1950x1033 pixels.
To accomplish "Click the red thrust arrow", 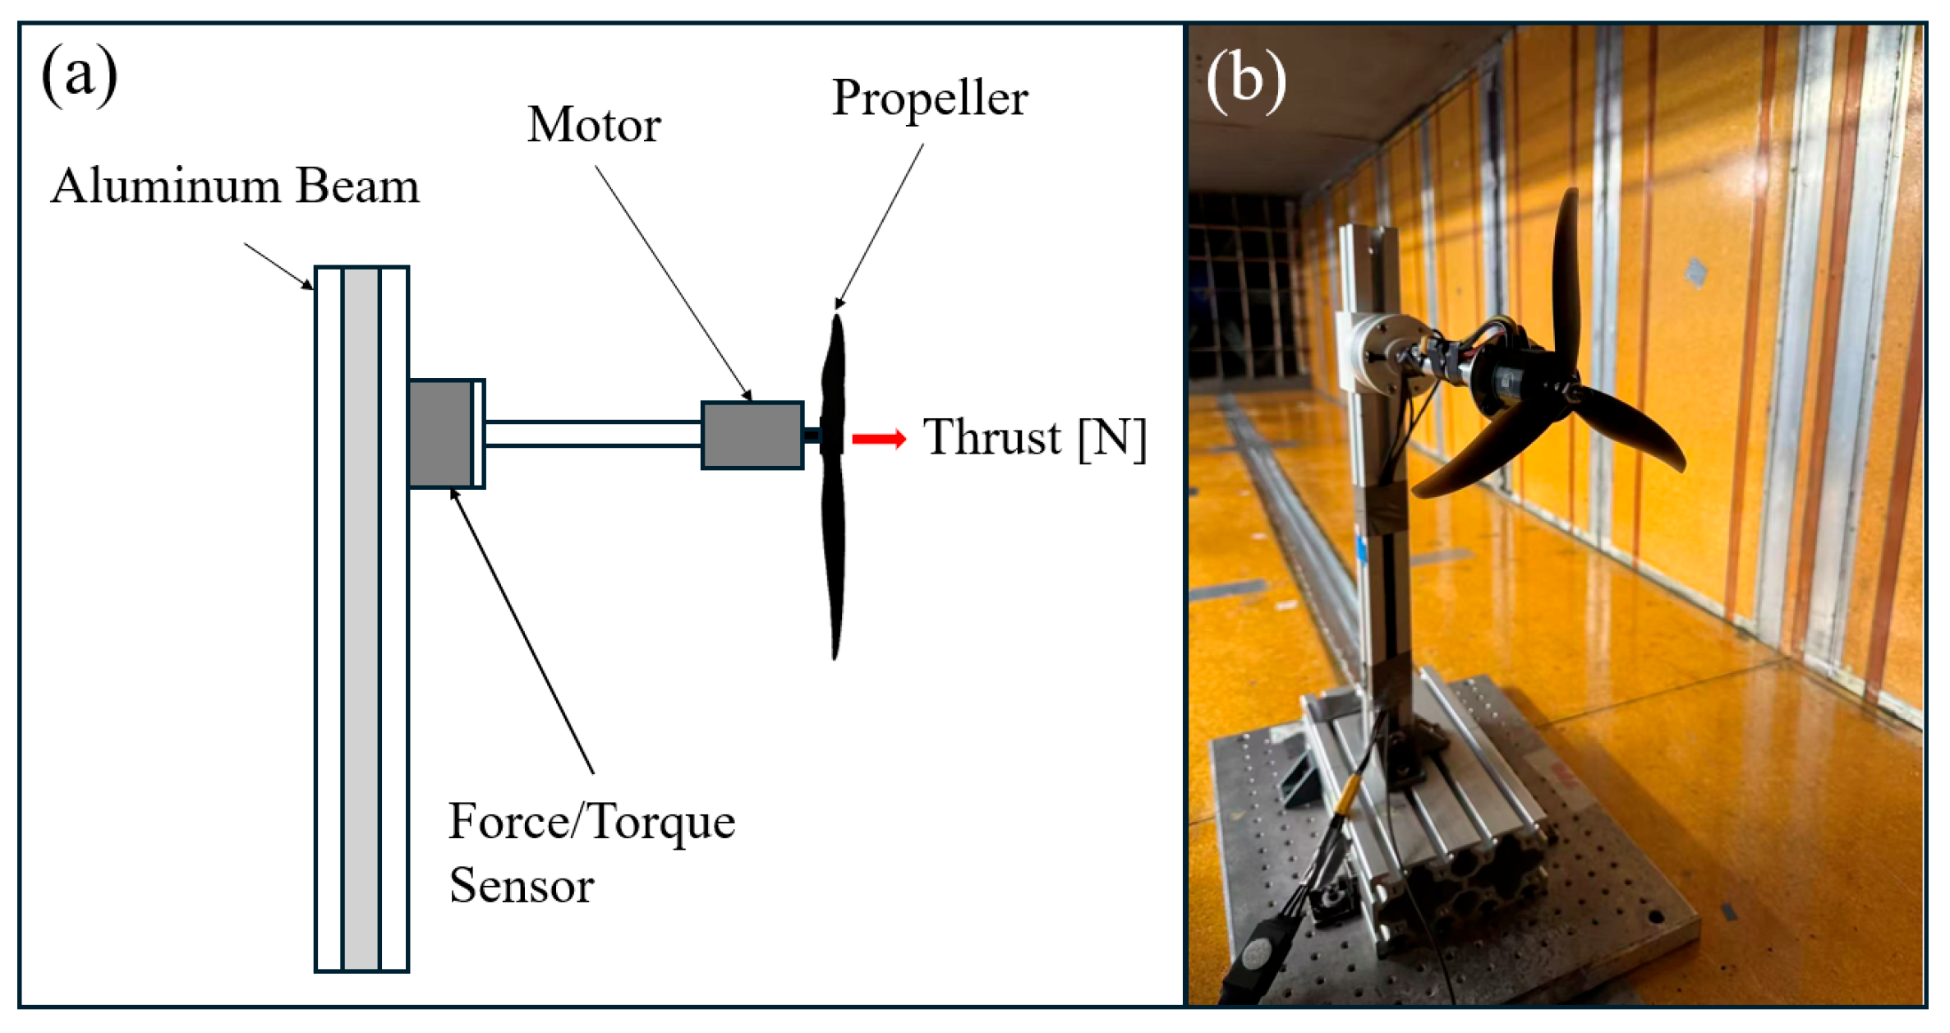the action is (879, 439).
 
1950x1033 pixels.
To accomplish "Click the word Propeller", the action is (930, 99).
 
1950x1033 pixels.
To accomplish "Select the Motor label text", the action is (594, 125).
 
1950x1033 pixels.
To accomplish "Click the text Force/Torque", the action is (591, 822).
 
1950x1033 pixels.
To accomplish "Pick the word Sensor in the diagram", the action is (522, 886).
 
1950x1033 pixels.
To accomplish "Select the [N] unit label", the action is (1112, 438).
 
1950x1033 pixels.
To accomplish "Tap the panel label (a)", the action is (80, 75).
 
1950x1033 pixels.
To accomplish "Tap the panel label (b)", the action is (1246, 81).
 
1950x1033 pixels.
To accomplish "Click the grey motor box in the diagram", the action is (752, 436).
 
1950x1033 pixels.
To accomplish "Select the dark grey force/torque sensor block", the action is (440, 434).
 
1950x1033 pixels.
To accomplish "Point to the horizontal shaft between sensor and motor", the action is (593, 434).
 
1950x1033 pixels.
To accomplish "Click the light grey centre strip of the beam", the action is (361, 619).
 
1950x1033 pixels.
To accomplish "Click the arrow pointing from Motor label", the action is (674, 284).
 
